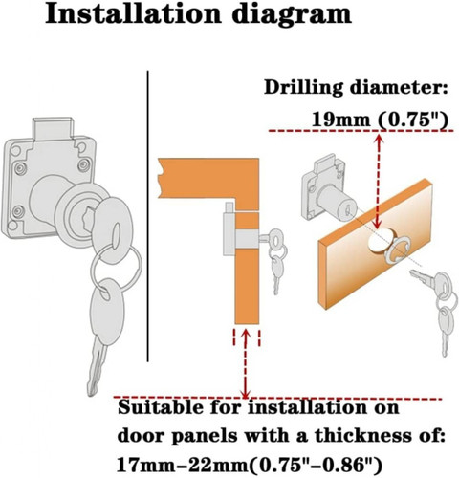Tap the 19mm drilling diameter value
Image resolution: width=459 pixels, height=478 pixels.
[x=340, y=120]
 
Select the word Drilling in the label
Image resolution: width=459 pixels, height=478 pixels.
[x=304, y=88]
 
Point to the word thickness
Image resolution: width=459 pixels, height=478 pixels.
[x=367, y=435]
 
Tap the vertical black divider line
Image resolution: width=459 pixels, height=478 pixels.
[x=148, y=216]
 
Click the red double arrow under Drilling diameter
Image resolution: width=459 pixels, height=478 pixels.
[x=379, y=182]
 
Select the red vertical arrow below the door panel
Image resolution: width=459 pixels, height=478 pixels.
[x=246, y=364]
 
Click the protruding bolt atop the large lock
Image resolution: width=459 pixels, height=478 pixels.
[x=53, y=128]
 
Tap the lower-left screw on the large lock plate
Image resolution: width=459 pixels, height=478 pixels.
[x=18, y=210]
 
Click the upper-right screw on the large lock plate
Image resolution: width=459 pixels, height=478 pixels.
[x=83, y=164]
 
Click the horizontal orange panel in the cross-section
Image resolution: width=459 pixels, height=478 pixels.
[x=208, y=179]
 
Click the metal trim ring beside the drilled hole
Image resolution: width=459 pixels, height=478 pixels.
[x=397, y=253]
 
